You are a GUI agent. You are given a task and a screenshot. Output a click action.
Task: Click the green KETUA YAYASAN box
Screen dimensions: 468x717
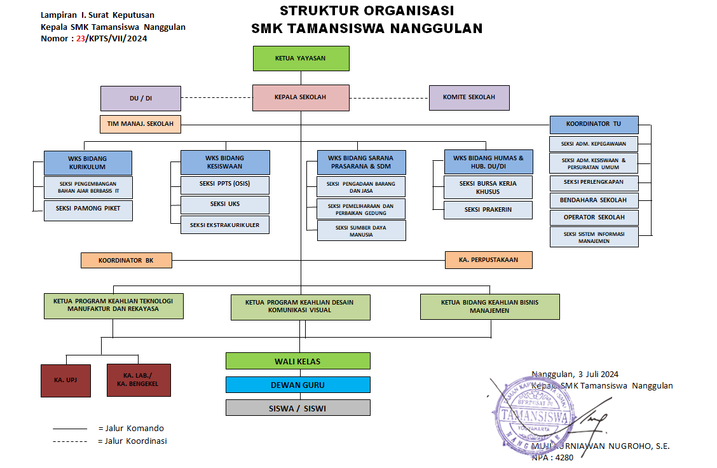tap(301, 59)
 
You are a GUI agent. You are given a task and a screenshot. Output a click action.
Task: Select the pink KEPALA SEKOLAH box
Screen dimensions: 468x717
tap(301, 97)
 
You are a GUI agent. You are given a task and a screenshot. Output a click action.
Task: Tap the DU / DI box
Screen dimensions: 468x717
tap(140, 99)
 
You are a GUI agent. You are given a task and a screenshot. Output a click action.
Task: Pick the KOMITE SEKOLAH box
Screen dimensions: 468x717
tap(470, 97)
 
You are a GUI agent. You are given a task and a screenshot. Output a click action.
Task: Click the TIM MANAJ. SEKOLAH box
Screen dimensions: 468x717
tap(140, 124)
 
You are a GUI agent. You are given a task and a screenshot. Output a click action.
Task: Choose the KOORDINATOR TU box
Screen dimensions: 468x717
tap(594, 123)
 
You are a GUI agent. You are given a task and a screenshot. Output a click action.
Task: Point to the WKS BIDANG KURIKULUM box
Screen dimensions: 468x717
tap(88, 163)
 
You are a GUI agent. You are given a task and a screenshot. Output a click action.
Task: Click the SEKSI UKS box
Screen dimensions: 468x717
tap(225, 204)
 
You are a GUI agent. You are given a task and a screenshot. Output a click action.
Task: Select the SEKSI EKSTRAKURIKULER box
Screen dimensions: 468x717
tap(225, 224)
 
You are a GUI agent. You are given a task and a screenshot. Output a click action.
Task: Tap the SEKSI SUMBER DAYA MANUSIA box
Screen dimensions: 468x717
tap(361, 230)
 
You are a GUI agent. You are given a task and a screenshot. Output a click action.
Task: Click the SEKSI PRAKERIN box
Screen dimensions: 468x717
tap(488, 210)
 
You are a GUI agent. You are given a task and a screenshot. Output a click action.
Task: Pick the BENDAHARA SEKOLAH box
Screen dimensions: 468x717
tap(594, 200)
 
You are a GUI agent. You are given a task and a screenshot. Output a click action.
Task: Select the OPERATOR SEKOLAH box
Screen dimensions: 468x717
tap(594, 217)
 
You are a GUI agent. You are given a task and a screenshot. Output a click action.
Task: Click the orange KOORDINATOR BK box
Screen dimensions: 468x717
tap(126, 260)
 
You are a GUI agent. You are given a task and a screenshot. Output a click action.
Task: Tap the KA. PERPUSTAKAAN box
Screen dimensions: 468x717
tap(488, 259)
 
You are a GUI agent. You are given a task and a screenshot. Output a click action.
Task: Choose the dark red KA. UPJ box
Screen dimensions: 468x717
tap(66, 380)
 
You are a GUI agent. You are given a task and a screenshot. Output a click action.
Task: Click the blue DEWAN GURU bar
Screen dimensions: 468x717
tap(297, 385)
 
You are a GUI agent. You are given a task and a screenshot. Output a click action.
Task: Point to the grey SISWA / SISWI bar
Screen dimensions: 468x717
tap(297, 408)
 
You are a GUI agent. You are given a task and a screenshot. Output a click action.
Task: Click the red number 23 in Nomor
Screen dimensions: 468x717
tap(81, 38)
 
